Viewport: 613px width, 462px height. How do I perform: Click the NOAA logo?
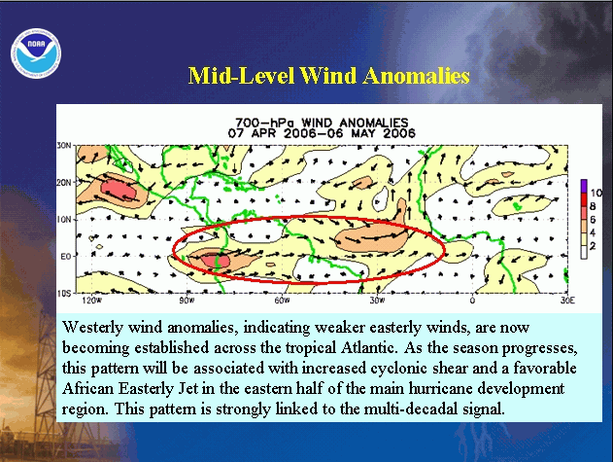click(36, 53)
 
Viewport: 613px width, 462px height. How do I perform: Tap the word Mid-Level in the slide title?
click(241, 75)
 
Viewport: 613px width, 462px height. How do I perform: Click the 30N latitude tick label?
click(64, 146)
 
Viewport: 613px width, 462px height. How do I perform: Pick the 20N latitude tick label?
click(64, 183)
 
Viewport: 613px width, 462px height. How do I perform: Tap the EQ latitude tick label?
click(66, 257)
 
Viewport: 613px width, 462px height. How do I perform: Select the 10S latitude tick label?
click(64, 294)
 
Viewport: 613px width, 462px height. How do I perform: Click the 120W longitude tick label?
click(92, 301)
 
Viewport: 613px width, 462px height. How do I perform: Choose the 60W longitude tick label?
click(282, 301)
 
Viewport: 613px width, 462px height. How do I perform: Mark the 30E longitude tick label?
click(567, 301)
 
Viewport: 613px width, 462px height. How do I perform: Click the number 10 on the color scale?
click(596, 193)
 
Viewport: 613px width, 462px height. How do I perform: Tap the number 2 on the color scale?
click(593, 246)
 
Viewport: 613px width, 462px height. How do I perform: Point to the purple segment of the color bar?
click(584, 186)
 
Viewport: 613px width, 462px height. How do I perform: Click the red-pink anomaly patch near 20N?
click(119, 190)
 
